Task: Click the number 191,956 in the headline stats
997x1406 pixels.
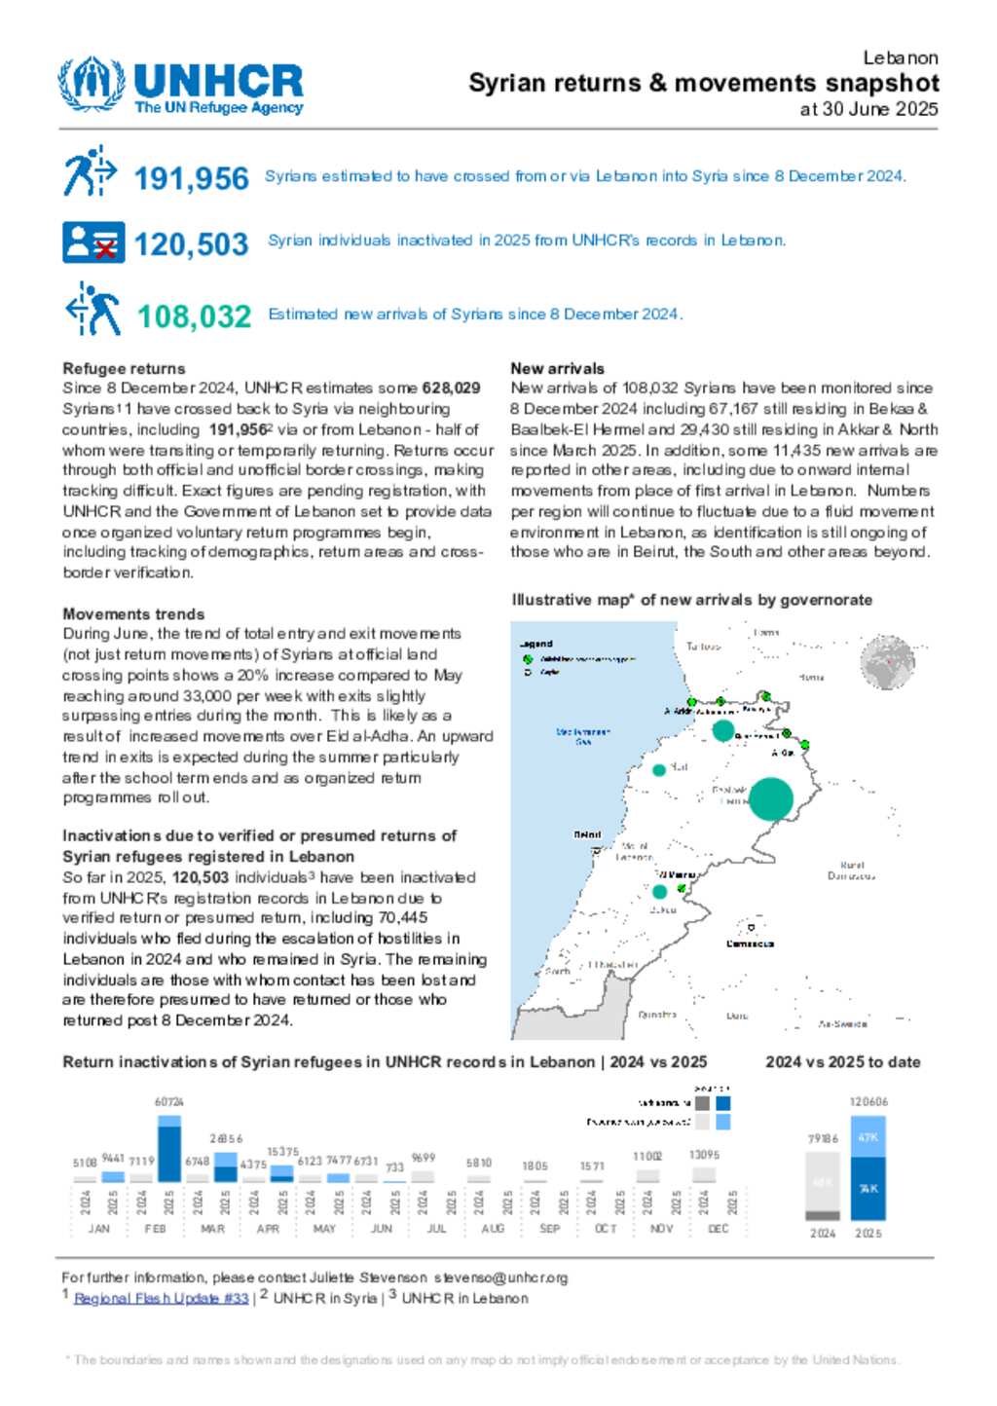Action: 191,178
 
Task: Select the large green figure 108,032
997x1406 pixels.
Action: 194,316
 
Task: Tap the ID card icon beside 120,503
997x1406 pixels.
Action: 93,242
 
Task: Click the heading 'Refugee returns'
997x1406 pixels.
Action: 124,368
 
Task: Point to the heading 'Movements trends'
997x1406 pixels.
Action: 133,613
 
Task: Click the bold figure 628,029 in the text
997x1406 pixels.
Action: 451,388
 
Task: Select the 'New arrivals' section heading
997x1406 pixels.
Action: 557,368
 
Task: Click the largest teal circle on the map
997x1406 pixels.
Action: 770,798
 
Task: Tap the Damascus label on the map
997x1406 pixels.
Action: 750,943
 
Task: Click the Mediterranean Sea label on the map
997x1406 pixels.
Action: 583,736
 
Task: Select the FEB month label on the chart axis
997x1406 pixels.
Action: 155,1229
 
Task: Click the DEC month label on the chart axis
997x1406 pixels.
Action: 718,1229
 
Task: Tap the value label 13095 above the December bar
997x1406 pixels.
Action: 704,1155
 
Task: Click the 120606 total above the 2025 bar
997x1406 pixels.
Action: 868,1102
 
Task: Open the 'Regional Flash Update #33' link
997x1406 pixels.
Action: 162,1298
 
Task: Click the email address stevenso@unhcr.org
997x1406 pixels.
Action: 500,1277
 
